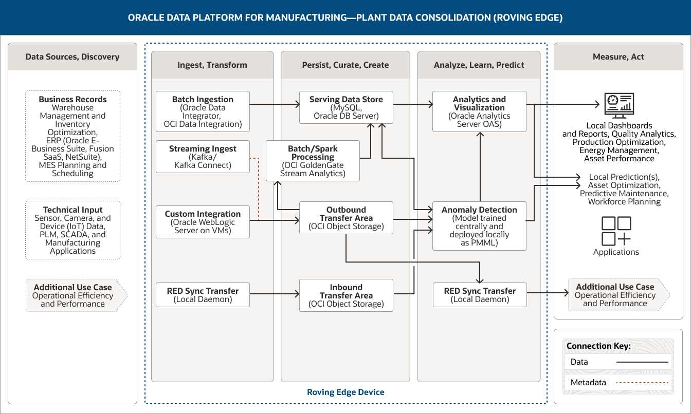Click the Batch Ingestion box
click(x=203, y=111)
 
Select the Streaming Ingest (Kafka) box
click(x=203, y=157)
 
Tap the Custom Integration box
click(x=203, y=222)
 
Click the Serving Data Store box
click(x=346, y=107)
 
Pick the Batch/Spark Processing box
click(x=313, y=161)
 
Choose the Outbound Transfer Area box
click(x=346, y=218)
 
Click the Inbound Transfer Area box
click(x=346, y=295)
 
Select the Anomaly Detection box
click(x=479, y=226)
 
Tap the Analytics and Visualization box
click(x=479, y=111)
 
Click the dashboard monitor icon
click(x=619, y=105)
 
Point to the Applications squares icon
click(x=616, y=231)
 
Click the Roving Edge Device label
click(x=345, y=392)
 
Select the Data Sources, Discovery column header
click(x=72, y=57)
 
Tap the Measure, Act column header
click(x=619, y=57)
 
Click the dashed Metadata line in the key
click(x=642, y=383)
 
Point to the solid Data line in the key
click(x=642, y=362)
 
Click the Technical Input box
click(x=73, y=230)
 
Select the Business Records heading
click(x=73, y=99)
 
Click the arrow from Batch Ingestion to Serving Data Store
click(x=275, y=104)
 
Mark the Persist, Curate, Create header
click(x=345, y=65)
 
